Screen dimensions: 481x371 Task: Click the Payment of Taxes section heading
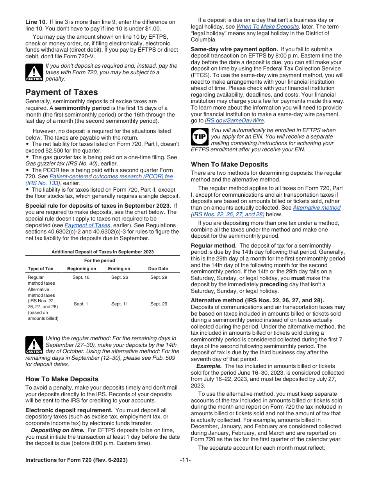pyautogui.click(x=62, y=92)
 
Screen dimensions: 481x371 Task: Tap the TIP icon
pyautogui.click(x=200, y=137)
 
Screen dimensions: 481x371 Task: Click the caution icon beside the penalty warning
pyautogui.click(x=34, y=72)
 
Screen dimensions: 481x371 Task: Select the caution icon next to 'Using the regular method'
pyautogui.click(x=34, y=345)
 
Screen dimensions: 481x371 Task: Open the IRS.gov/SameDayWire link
pyautogui.click(x=235, y=120)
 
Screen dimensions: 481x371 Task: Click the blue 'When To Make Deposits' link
pyautogui.click(x=268, y=27)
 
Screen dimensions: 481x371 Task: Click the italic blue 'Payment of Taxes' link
pyautogui.click(x=87, y=225)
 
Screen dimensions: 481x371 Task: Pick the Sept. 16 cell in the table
pyautogui.click(x=81, y=277)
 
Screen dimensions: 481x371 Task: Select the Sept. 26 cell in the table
pyautogui.click(x=120, y=277)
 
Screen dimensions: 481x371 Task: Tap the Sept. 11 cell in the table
pyautogui.click(x=120, y=304)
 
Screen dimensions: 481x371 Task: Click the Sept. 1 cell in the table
pyautogui.click(x=81, y=304)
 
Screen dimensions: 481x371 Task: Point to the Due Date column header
pyautogui.click(x=158, y=269)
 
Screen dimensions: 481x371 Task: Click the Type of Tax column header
pyautogui.click(x=41, y=269)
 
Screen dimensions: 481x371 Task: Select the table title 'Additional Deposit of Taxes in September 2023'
pyautogui.click(x=102, y=252)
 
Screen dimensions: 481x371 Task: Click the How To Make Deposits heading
pyautogui.click(x=62, y=379)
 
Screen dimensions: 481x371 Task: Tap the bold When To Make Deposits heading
pyautogui.click(x=229, y=164)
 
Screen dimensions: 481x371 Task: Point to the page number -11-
pyautogui.click(x=185, y=460)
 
